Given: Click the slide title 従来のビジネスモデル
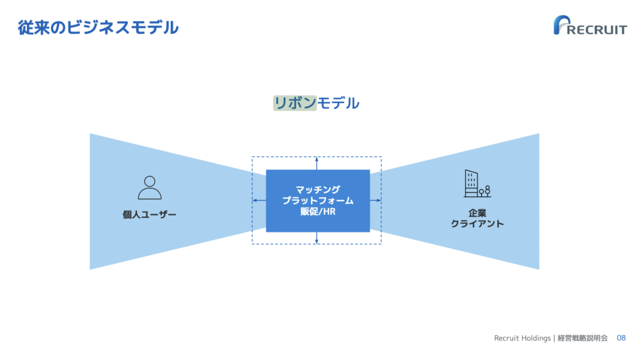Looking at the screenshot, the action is (98, 28).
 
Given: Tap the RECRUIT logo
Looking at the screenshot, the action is (590, 26).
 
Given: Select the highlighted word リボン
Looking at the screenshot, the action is (295, 103).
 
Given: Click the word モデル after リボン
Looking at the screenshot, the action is (338, 103).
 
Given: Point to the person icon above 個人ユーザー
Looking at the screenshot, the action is (149, 188).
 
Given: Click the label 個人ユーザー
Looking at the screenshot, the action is (149, 215).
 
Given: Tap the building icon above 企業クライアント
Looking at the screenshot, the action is (477, 183).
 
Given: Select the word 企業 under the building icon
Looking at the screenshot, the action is (477, 213).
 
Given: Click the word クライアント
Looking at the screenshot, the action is (477, 224).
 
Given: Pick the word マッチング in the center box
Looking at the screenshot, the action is (318, 190).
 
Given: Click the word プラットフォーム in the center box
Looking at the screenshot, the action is (318, 200).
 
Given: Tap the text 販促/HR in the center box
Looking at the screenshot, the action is (318, 212).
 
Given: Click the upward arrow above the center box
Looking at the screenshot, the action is (316, 163).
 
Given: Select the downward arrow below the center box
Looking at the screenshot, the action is (316, 238).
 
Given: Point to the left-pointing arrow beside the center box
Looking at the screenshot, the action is (259, 200).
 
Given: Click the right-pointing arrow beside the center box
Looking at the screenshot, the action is (376, 200).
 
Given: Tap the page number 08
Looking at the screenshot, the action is (621, 338).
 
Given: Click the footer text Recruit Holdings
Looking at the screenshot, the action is (522, 338).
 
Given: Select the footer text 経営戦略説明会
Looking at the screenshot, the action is (582, 338).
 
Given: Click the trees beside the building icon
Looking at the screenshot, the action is (485, 191).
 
